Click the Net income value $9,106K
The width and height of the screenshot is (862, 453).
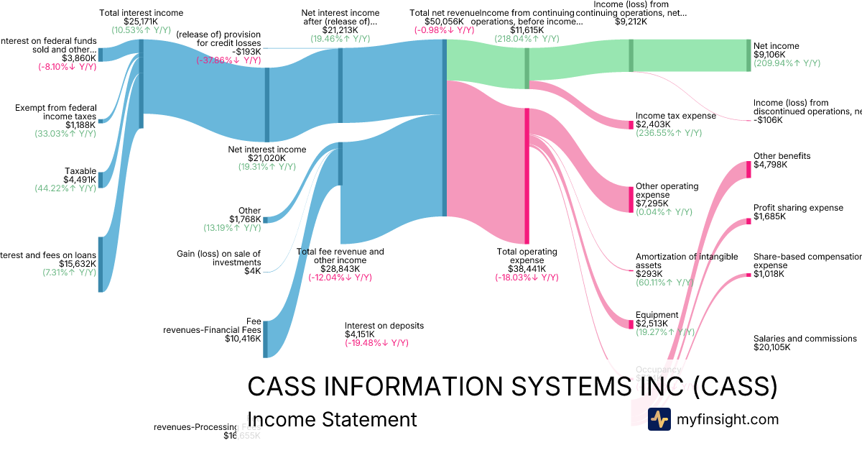(769, 55)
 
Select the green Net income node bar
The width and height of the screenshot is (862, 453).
(748, 55)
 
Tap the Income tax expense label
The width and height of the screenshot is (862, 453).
(675, 116)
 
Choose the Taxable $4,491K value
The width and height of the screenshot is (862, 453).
(80, 180)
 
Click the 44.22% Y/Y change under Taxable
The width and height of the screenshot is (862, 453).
(65, 188)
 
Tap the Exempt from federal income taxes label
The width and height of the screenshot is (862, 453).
(55, 112)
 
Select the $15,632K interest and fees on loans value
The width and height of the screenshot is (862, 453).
(78, 264)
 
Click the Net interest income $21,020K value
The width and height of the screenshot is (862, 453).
(267, 158)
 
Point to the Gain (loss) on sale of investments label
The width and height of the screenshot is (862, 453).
(219, 258)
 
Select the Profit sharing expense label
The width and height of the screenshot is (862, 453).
(798, 209)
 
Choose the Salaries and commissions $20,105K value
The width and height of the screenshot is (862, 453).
(772, 347)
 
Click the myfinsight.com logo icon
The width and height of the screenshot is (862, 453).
(659, 419)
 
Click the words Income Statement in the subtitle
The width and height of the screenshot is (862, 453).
(331, 420)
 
